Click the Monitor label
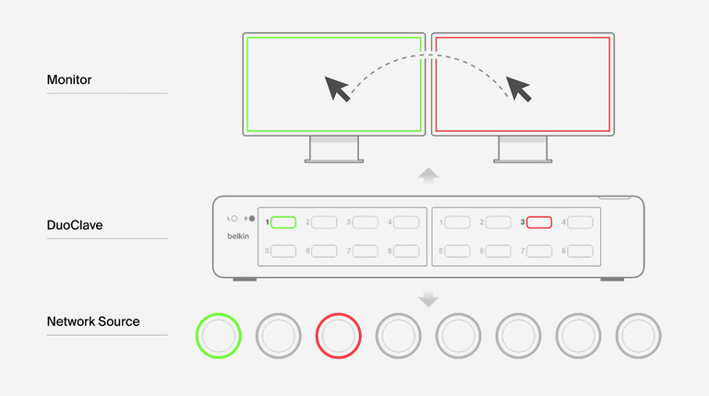(69, 80)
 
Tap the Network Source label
(93, 321)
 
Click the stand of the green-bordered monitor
(333, 149)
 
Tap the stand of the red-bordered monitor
(523, 149)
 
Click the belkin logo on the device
(238, 236)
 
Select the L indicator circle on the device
(235, 220)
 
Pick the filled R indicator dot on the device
(251, 220)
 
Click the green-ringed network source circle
(219, 335)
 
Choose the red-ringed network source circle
(339, 335)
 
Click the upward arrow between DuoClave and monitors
(428, 175)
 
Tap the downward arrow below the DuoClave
(428, 298)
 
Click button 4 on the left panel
(405, 222)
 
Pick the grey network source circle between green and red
(279, 335)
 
